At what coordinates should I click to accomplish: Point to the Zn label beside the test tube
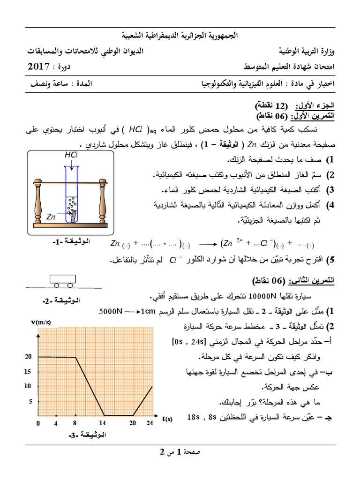click(x=52, y=216)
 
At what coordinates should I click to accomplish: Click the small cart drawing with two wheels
click(x=62, y=280)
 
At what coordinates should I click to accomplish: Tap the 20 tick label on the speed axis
click(x=28, y=357)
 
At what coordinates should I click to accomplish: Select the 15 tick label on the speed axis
click(x=28, y=371)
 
